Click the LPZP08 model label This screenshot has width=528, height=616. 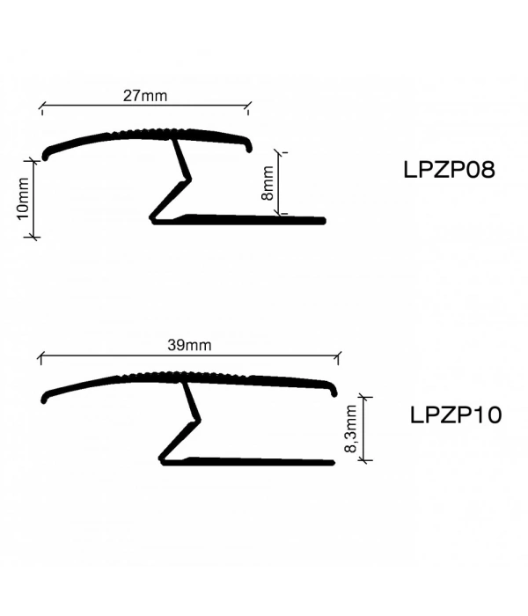click(449, 170)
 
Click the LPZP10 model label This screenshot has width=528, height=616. click(456, 414)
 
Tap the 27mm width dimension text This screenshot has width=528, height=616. click(145, 96)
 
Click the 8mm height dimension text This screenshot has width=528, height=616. click(268, 185)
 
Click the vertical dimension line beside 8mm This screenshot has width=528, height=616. click(282, 183)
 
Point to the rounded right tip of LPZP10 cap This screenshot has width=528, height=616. click(334, 387)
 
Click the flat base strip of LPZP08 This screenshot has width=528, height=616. click(255, 219)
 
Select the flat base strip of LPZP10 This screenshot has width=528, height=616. click(264, 460)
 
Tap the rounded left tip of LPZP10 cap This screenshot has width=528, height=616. click(46, 398)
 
